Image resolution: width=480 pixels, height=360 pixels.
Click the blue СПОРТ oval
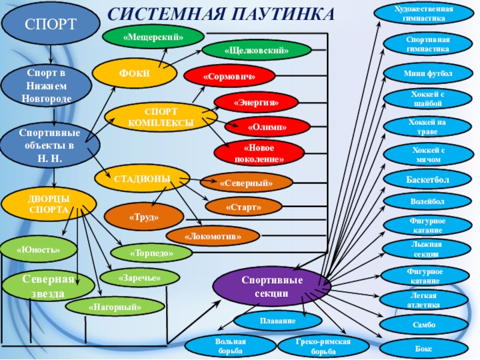pyautogui.click(x=50, y=25)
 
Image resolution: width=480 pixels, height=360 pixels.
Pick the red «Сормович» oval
pyautogui.click(x=229, y=76)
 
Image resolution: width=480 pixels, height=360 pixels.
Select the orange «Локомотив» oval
pyautogui.click(x=213, y=236)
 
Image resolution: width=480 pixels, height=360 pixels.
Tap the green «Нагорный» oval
pyautogui.click(x=115, y=307)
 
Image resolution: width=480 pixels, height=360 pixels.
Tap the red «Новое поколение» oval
pyautogui.click(x=259, y=153)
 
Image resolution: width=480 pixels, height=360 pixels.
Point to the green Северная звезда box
pyautogui.click(x=40, y=287)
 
